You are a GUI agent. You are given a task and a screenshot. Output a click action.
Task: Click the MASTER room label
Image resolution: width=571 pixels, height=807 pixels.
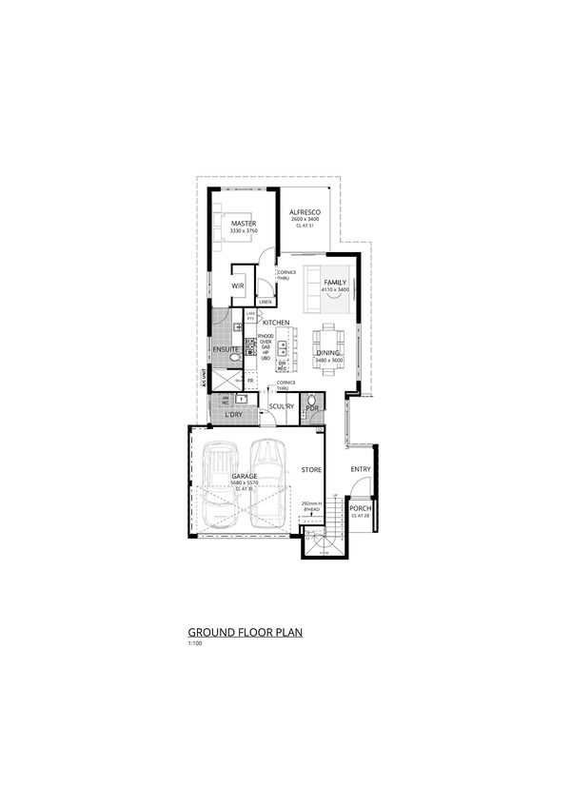244,224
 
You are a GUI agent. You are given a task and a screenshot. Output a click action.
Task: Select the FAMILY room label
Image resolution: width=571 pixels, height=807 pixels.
334,283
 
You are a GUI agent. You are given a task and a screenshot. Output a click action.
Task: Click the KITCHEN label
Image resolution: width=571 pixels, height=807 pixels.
263,324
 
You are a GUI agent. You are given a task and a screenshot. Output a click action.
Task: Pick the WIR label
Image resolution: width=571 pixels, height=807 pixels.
239,285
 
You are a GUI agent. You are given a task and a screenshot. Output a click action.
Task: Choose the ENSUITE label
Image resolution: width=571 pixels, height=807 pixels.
225,350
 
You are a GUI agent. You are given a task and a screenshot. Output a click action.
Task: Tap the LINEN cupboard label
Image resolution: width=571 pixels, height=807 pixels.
265,303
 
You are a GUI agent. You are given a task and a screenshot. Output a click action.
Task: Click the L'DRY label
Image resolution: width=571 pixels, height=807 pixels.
232,416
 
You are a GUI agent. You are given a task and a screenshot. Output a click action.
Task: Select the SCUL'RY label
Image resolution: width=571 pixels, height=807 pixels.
279,406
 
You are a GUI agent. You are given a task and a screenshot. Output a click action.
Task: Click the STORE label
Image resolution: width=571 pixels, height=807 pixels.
311,469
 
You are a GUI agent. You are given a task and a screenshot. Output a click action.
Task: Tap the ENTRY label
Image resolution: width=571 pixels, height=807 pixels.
360,469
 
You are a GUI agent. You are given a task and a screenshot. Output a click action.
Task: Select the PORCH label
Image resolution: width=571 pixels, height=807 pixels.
360,509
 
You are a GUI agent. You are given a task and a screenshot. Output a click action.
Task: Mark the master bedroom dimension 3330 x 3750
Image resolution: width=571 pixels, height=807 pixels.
244,231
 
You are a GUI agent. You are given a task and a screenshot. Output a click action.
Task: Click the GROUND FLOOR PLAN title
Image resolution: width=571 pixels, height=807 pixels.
245,631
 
